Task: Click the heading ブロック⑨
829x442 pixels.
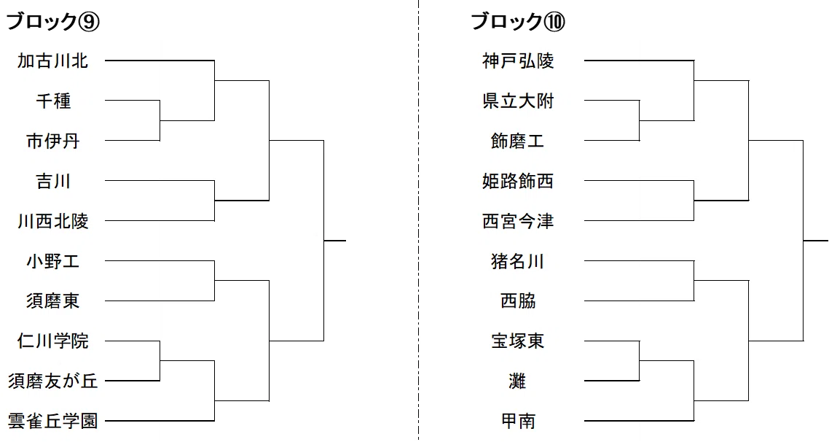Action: (x=53, y=22)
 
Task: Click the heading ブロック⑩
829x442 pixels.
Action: (x=518, y=22)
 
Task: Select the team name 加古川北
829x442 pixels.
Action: (x=53, y=61)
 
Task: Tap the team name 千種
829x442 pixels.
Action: (x=53, y=101)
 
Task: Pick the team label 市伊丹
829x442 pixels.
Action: (x=53, y=141)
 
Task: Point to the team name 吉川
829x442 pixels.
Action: (x=53, y=181)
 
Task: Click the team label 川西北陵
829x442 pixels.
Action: (x=53, y=221)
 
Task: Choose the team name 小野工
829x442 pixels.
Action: (x=53, y=261)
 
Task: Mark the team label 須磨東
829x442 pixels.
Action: (x=53, y=301)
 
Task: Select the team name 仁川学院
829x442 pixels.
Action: (x=53, y=341)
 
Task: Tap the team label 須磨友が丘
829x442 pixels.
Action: (x=53, y=381)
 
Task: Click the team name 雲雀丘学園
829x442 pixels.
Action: (x=53, y=421)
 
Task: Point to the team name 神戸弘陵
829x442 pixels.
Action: (x=518, y=61)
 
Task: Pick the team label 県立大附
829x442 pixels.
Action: (x=518, y=101)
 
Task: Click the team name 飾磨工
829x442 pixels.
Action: (x=518, y=141)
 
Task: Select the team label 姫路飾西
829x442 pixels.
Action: (x=518, y=181)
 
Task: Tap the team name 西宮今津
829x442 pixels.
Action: (x=518, y=221)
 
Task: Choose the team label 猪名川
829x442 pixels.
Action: (x=518, y=261)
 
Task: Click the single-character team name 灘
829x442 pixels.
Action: (x=518, y=381)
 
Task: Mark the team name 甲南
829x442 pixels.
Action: (x=518, y=421)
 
